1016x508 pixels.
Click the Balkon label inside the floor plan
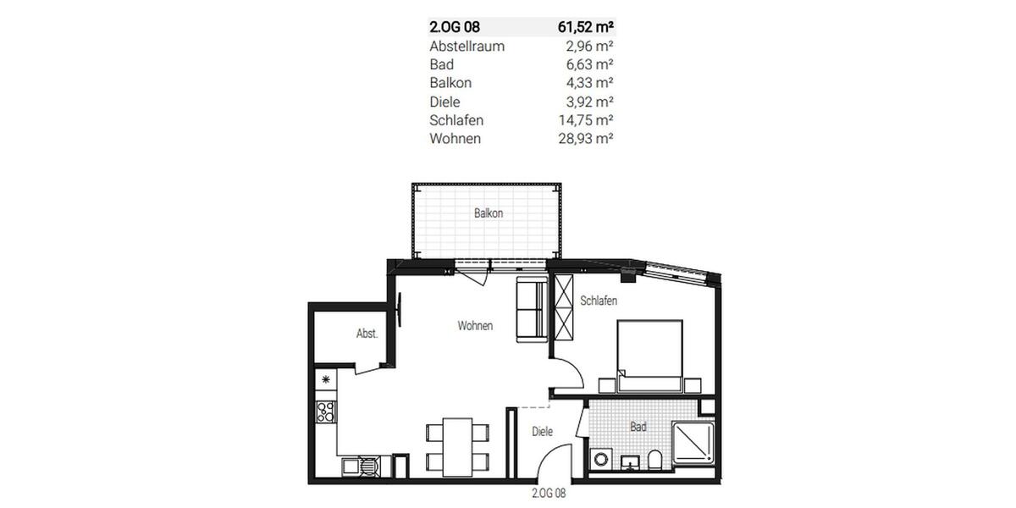click(x=489, y=213)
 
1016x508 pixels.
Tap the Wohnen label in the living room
click(x=475, y=325)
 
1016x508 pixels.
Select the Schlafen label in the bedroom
click(x=598, y=301)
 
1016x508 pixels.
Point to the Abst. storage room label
click(x=367, y=334)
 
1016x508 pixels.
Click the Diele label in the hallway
click(x=542, y=432)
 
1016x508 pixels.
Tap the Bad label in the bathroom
click(x=638, y=427)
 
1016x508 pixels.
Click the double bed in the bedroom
click(x=649, y=355)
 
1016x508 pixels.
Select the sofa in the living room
click(x=531, y=310)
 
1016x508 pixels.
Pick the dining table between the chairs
click(x=459, y=445)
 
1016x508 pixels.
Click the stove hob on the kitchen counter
click(x=326, y=412)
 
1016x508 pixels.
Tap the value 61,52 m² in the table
click(x=585, y=27)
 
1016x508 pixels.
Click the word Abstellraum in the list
click(x=467, y=46)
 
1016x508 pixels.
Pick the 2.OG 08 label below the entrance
click(x=548, y=493)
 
